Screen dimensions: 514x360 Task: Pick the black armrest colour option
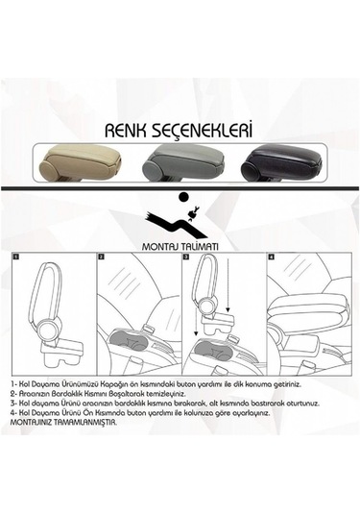(x=278, y=162)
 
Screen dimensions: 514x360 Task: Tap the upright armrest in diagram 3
(x=207, y=298)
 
